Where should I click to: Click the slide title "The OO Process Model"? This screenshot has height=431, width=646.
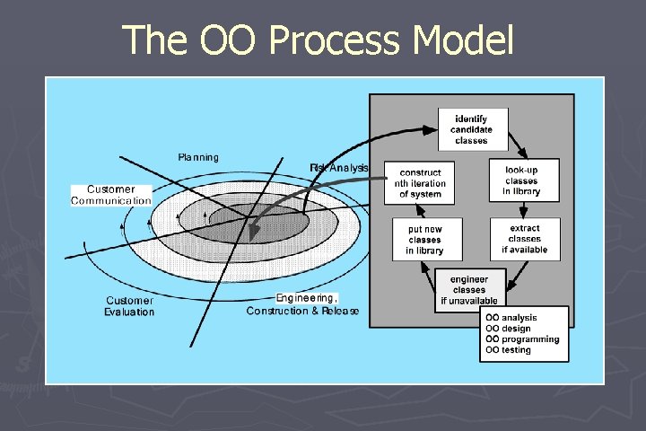pyautogui.click(x=319, y=40)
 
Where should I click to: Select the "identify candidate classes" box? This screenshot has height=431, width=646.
pyautogui.click(x=472, y=129)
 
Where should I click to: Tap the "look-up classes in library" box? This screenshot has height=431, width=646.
pyautogui.click(x=525, y=180)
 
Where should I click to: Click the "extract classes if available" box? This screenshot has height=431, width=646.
pyautogui.click(x=525, y=239)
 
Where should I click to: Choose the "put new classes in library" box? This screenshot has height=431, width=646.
pyautogui.click(x=419, y=239)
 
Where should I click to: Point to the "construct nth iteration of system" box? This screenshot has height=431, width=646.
pyautogui.click(x=420, y=183)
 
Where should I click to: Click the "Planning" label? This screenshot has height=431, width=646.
pyautogui.click(x=198, y=157)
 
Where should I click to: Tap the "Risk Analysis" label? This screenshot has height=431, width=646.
pyautogui.click(x=339, y=167)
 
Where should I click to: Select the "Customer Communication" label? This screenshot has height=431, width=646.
pyautogui.click(x=112, y=195)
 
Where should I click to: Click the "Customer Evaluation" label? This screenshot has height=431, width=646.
pyautogui.click(x=130, y=306)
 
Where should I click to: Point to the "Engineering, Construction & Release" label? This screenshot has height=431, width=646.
pyautogui.click(x=303, y=304)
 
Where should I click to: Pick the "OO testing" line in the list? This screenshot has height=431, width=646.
pyautogui.click(x=509, y=350)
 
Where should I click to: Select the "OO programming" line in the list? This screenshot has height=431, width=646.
pyautogui.click(x=522, y=339)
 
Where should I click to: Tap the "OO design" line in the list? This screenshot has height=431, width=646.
pyautogui.click(x=509, y=329)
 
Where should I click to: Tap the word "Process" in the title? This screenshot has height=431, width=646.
pyautogui.click(x=325, y=40)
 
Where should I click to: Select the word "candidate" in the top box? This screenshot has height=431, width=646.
pyautogui.click(x=472, y=129)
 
